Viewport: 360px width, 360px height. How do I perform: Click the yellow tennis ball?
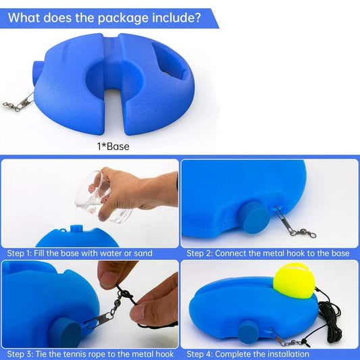tap(294, 280)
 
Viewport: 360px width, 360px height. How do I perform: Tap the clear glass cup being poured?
tap(101, 197)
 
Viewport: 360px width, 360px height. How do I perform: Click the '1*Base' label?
tap(113, 147)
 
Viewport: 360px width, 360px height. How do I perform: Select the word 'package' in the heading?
tap(123, 18)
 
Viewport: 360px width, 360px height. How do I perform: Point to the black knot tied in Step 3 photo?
tap(125, 294)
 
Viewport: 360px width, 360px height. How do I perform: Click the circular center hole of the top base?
tap(114, 77)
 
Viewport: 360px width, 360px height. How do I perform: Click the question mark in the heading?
tap(197, 18)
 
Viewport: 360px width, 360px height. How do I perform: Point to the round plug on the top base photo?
tap(36, 74)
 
